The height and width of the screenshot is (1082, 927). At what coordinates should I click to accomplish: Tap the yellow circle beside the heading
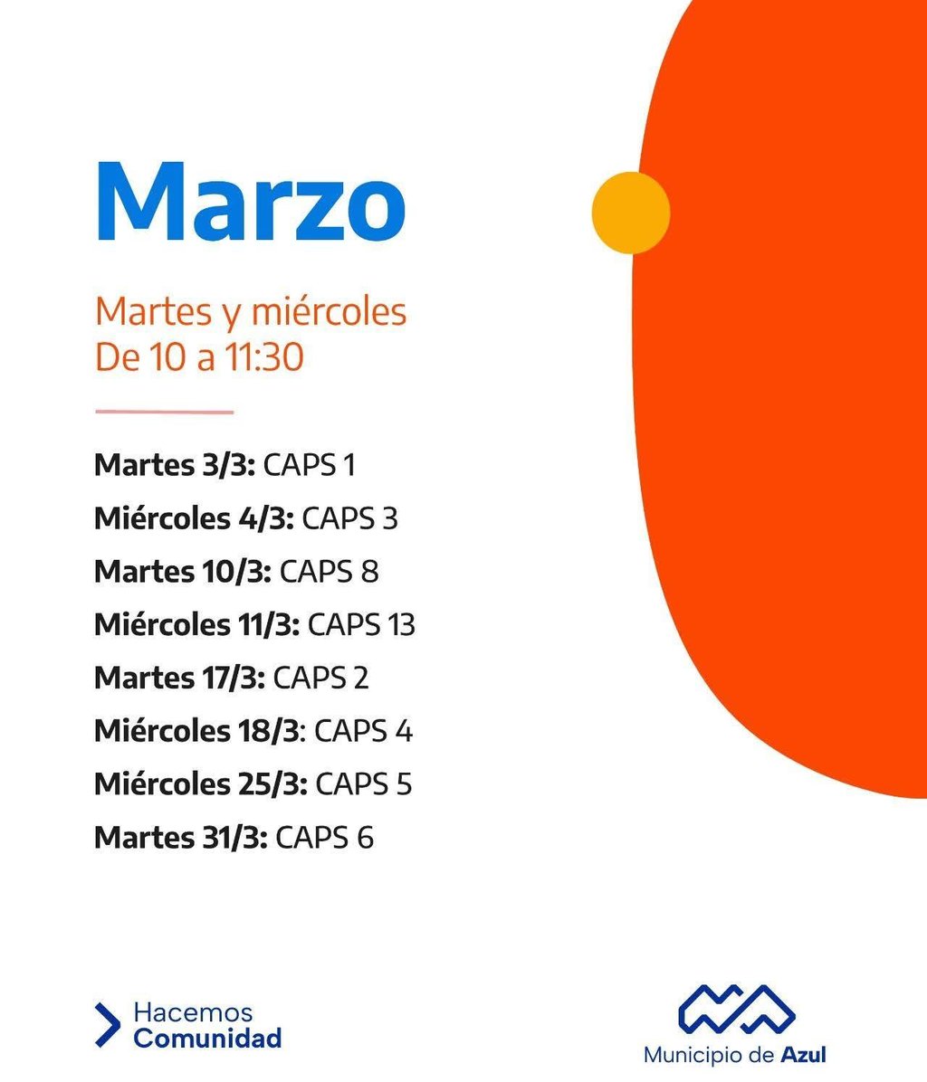coord(631,213)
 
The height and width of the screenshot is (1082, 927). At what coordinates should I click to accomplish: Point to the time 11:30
coord(263,357)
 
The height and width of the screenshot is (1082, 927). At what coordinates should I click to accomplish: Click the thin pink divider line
coord(164,412)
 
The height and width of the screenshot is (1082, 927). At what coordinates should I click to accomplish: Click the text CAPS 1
coord(309,465)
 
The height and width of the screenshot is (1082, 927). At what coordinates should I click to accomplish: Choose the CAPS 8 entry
coord(329,572)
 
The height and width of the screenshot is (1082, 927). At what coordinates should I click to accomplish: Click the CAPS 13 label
coord(361,625)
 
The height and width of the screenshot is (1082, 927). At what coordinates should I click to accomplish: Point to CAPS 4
coord(363,731)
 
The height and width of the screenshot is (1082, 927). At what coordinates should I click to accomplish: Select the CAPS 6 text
coord(324,838)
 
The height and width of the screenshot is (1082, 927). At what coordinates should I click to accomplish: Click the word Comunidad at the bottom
coord(207,1038)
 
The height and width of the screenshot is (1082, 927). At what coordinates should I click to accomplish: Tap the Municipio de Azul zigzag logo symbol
coord(738,1008)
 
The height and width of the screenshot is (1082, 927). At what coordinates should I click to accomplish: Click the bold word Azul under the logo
coord(803,1055)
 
